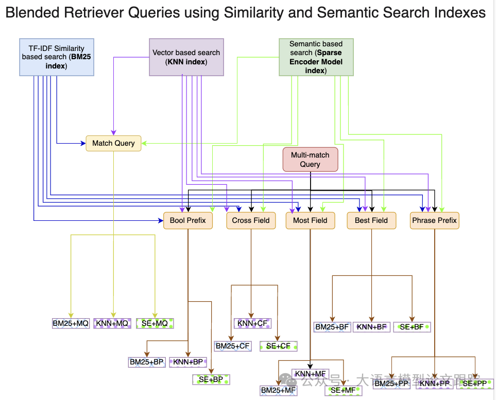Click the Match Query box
(x=113, y=143)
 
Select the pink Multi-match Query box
(x=310, y=160)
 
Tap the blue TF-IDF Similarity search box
(x=57, y=57)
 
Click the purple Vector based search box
(x=186, y=57)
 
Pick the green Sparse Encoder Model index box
(x=316, y=57)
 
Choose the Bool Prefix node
(x=187, y=220)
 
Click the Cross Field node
(x=251, y=220)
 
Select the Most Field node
(x=310, y=220)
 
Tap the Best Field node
(x=371, y=220)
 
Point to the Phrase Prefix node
(x=434, y=220)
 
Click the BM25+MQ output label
(x=71, y=324)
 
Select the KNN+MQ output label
(x=112, y=324)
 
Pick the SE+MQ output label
(x=155, y=324)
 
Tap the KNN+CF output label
(x=252, y=323)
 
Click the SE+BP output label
(x=211, y=379)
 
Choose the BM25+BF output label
(x=332, y=327)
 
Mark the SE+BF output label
(x=412, y=327)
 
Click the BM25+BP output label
(x=147, y=362)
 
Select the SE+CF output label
(x=278, y=346)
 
